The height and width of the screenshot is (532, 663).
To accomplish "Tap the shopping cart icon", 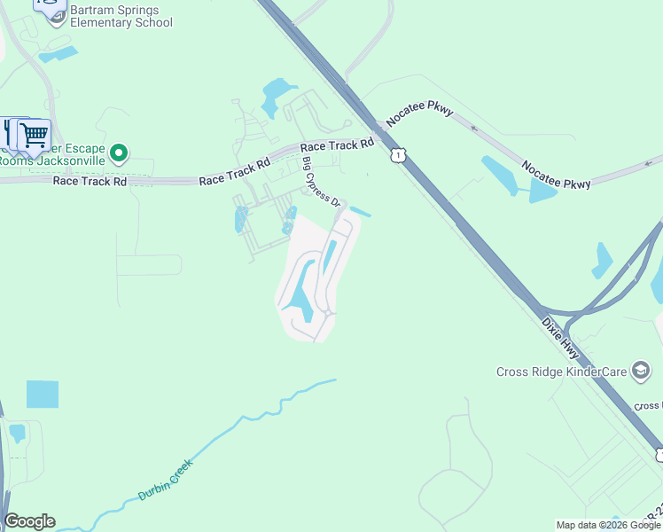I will (34, 136).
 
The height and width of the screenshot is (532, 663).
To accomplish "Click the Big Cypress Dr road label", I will (322, 181).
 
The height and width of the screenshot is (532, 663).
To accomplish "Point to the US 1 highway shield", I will (399, 155).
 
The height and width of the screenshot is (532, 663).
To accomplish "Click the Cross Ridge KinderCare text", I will (561, 372).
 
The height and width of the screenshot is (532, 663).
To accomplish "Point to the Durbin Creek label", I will (165, 480).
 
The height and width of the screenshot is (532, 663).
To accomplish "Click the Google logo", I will (29, 521).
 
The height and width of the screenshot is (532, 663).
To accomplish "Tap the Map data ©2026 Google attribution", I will (608, 525).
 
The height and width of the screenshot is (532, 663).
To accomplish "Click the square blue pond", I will (42, 394).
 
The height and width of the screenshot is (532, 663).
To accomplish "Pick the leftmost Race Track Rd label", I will (90, 180).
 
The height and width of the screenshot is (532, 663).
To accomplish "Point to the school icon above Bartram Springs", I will (52, 8).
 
